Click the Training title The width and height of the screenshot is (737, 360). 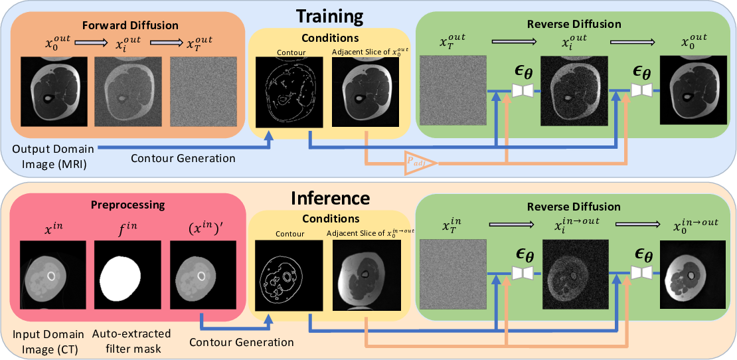[x=329, y=16]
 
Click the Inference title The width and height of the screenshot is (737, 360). [x=330, y=199]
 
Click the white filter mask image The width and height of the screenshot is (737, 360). [x=127, y=274]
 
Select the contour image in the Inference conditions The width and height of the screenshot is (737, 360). [x=289, y=274]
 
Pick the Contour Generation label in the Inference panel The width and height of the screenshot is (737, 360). [x=241, y=342]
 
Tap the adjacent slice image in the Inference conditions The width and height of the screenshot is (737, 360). [x=366, y=274]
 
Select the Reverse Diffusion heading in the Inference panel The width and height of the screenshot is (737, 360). [x=573, y=207]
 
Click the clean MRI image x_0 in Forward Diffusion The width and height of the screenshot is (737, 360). [x=54, y=91]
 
